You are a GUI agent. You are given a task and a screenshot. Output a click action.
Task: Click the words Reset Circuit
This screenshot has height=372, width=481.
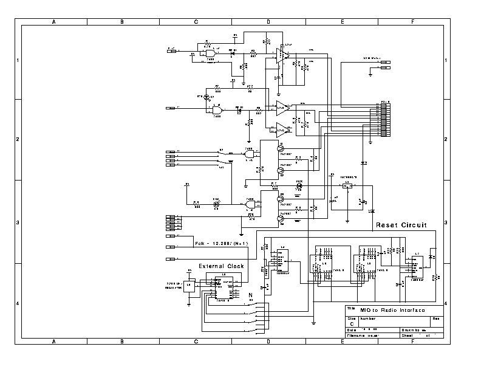click(x=401, y=225)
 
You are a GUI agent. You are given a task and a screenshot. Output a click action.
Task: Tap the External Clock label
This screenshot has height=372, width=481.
click(x=221, y=266)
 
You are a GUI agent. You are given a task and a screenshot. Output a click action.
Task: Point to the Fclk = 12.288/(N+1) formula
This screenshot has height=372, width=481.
click(x=222, y=244)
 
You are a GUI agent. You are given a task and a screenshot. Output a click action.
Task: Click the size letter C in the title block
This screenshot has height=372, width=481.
click(x=352, y=324)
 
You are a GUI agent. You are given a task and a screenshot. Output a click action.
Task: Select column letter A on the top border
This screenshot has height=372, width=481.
click(x=54, y=21)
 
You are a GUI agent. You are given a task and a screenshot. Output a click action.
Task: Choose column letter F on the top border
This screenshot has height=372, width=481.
click(x=412, y=21)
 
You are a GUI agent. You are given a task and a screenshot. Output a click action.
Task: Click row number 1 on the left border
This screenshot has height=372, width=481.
click(x=18, y=60)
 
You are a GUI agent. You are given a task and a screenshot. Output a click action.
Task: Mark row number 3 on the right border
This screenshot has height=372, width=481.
click(x=447, y=222)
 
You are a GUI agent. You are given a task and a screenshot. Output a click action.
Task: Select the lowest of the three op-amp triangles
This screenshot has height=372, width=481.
click(x=282, y=128)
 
